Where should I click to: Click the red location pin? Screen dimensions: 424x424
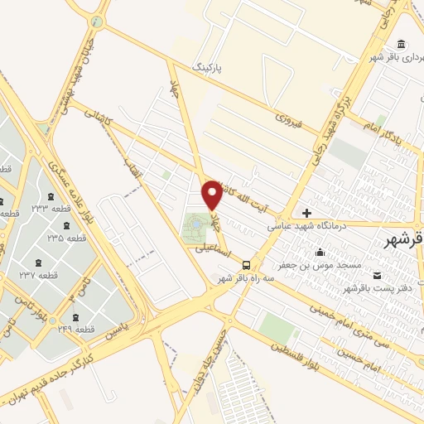click(x=212, y=194)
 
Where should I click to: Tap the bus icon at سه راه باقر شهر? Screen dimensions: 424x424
click(x=246, y=265)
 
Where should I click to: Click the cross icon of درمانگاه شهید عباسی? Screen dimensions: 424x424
click(x=307, y=214)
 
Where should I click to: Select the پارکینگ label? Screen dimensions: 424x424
click(x=207, y=64)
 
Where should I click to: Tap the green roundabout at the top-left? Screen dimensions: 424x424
click(x=98, y=22)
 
